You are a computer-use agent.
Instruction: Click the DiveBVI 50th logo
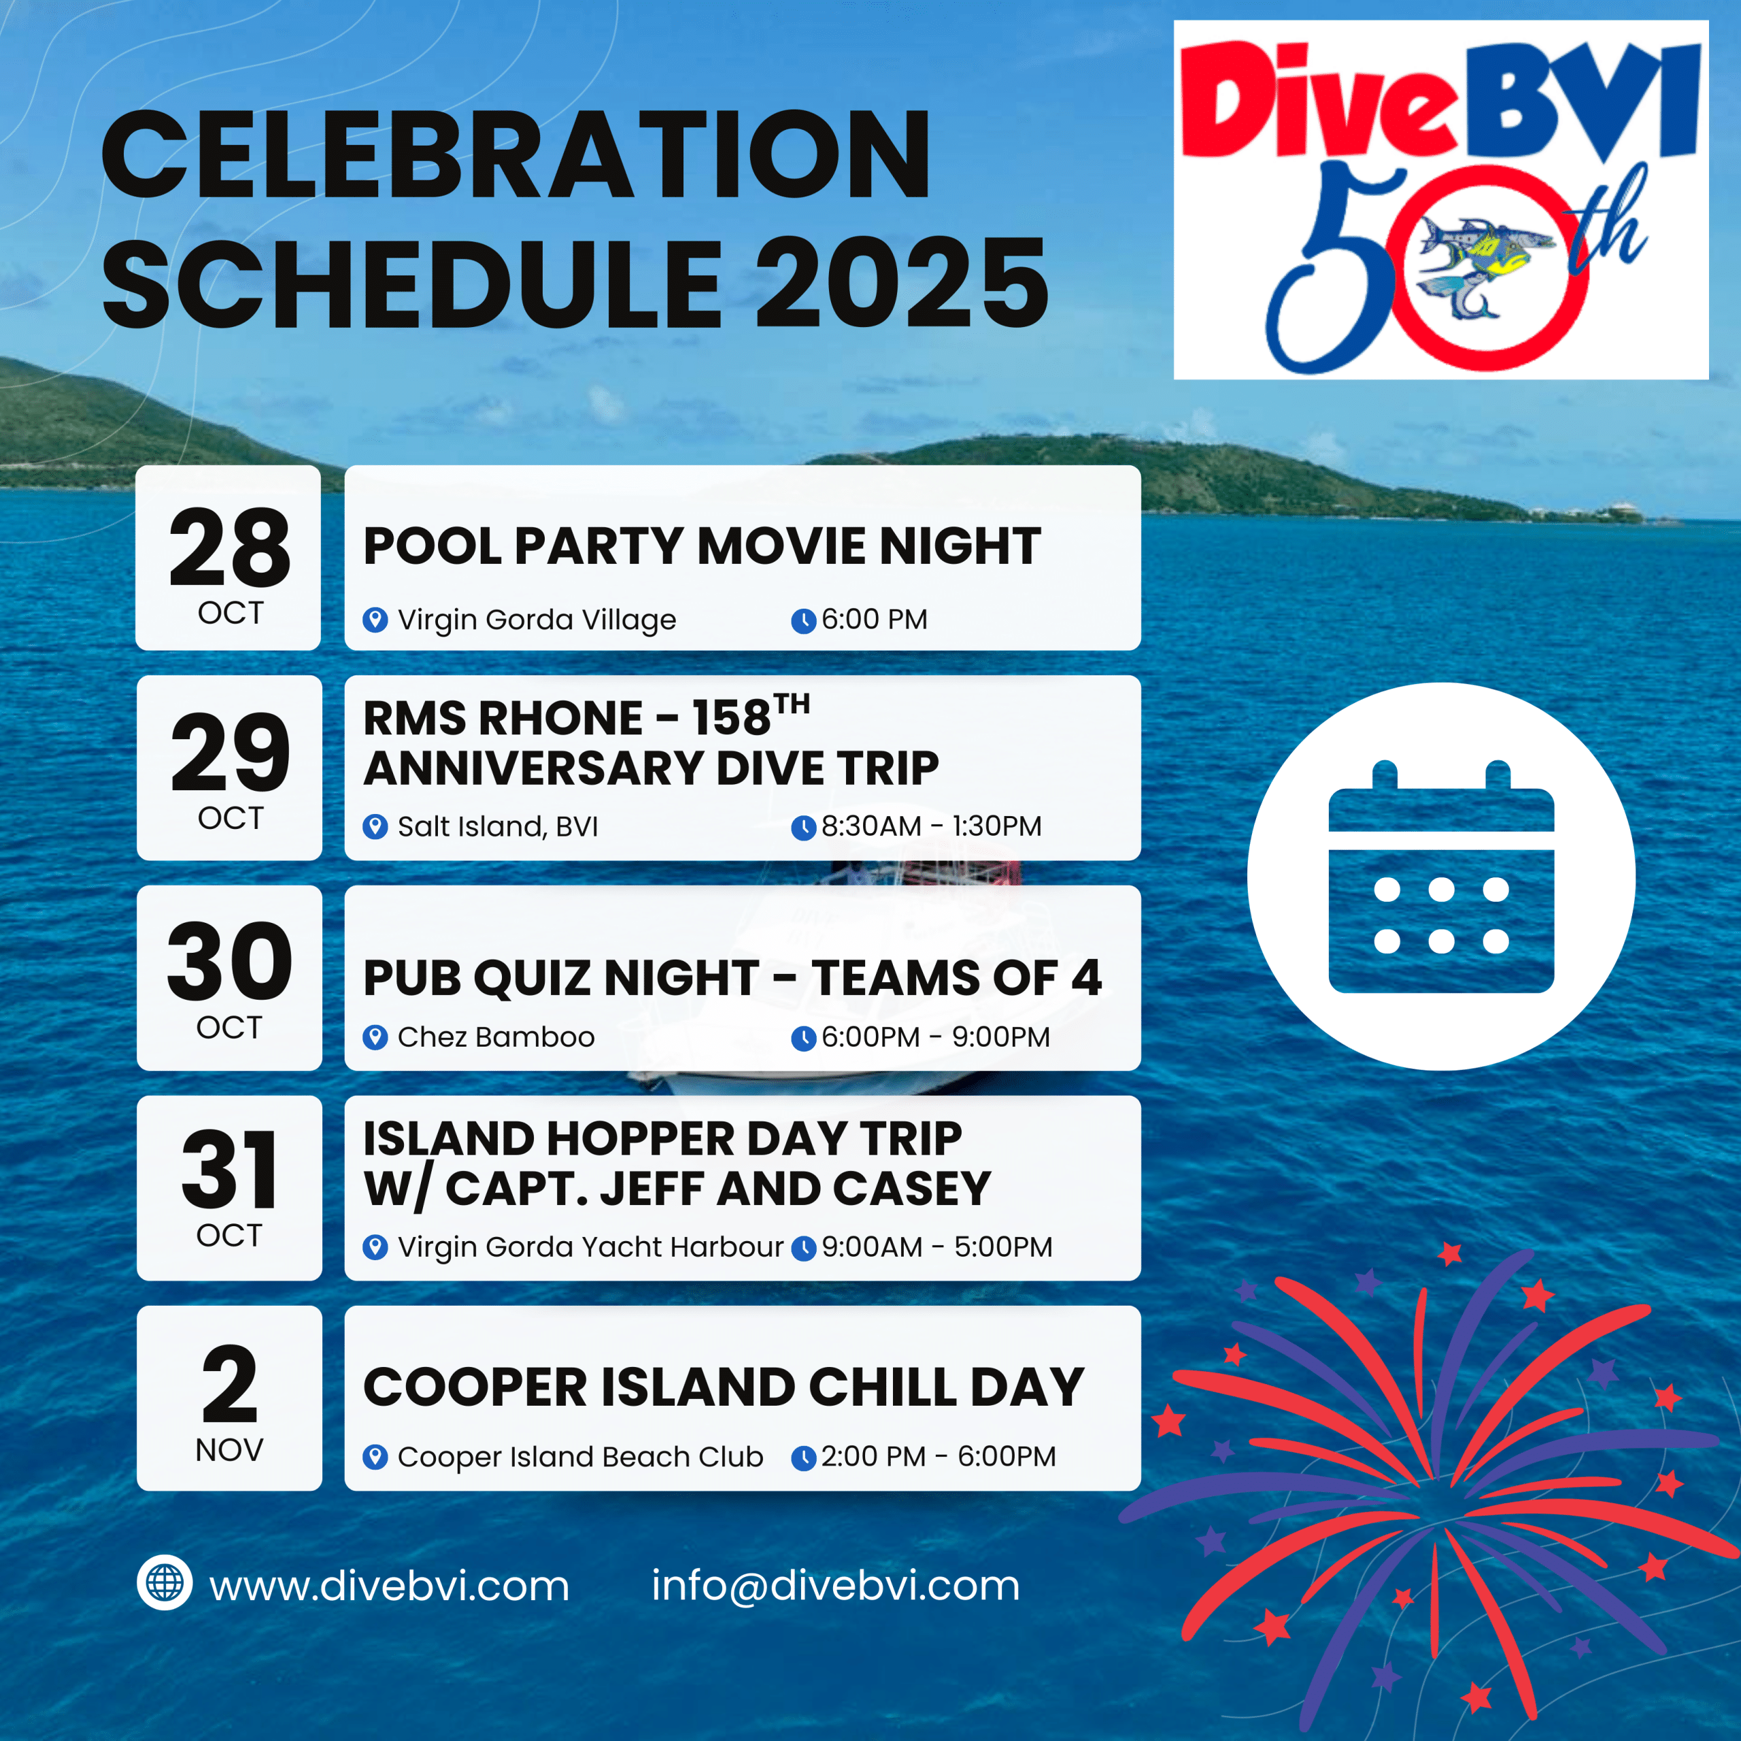tap(1441, 200)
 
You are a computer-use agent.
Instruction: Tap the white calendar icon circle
tap(1441, 876)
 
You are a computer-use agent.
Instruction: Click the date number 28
tap(229, 546)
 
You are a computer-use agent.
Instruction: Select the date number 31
tap(229, 1170)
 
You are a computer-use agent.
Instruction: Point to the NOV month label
tap(229, 1450)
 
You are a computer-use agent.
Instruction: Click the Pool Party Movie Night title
tap(702, 546)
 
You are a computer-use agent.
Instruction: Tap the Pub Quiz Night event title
tap(732, 978)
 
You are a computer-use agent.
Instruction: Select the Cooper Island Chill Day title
tap(723, 1387)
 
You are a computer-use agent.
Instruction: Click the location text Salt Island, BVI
tap(497, 826)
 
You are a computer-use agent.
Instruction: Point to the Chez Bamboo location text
tap(496, 1037)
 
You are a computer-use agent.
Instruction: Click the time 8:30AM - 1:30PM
tap(931, 826)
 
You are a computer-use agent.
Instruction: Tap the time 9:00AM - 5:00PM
tap(936, 1247)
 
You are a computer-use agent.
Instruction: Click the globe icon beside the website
tap(164, 1583)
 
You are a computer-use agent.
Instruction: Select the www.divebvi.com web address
tap(389, 1587)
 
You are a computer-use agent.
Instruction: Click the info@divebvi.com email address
tap(835, 1586)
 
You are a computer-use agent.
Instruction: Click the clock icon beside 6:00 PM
tap(803, 621)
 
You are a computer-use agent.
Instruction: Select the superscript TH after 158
tap(792, 704)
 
